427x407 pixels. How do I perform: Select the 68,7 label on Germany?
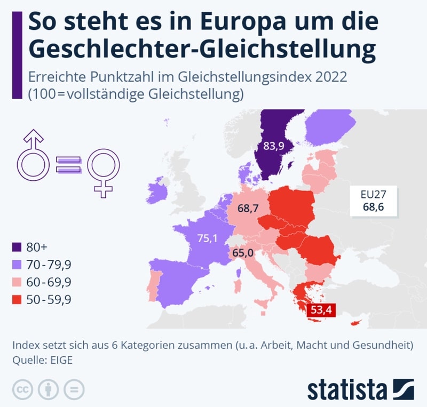pyautogui.click(x=248, y=209)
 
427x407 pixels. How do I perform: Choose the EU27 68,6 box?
pyautogui.click(x=374, y=201)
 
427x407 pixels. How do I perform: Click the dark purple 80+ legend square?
pyautogui.click(x=17, y=247)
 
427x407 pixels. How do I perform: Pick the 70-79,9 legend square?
pyautogui.click(x=17, y=265)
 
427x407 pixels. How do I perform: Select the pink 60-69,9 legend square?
pyautogui.click(x=17, y=282)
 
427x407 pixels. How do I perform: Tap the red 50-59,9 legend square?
pyautogui.click(x=17, y=300)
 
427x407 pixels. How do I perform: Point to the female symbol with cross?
pyautogui.click(x=104, y=169)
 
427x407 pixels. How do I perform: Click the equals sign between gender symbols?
pyautogui.click(x=68, y=164)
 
